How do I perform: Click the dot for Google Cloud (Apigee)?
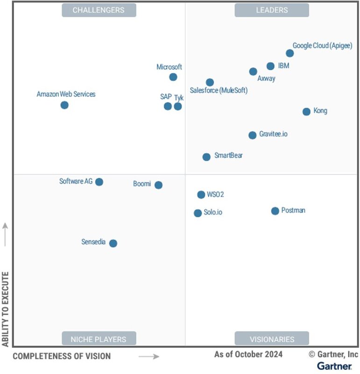289,53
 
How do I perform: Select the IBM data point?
270,66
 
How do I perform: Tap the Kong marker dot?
306,112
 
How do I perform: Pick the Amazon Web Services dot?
64,105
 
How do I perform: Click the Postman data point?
275,211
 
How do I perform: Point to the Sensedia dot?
113,244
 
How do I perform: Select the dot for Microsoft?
173,77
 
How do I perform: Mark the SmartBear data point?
206,157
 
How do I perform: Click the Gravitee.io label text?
273,134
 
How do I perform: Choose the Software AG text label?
76,181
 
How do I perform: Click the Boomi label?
142,184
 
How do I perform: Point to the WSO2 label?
215,194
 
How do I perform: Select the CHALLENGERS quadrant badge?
99,10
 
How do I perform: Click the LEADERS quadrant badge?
272,10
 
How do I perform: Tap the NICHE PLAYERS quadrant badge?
99,339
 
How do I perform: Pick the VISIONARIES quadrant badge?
272,339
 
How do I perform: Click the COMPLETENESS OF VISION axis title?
62,356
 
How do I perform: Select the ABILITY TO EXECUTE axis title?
6,308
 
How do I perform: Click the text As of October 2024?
248,354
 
